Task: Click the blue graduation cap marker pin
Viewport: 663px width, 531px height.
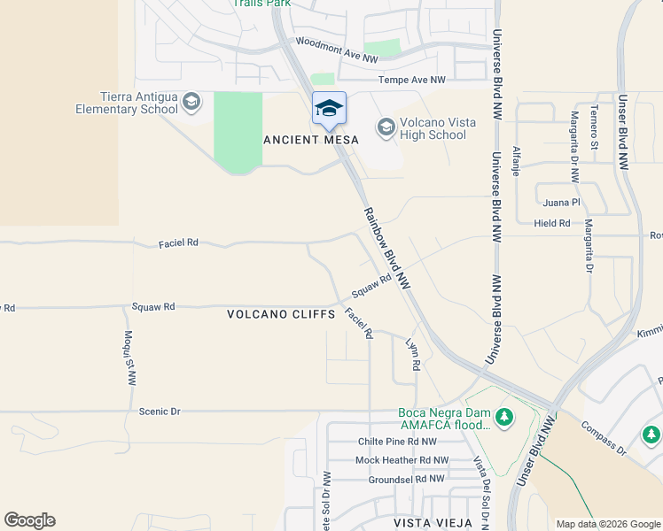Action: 329,109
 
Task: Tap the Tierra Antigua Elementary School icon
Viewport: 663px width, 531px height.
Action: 191,104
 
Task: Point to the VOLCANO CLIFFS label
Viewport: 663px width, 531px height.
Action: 281,314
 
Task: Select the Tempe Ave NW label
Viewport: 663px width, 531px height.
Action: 412,80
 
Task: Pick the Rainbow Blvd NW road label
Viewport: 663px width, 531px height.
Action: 387,249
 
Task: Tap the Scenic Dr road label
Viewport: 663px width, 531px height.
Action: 160,412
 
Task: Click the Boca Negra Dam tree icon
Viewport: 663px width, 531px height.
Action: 504,416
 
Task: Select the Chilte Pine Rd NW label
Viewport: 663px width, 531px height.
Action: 397,442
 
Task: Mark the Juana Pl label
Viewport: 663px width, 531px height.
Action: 563,202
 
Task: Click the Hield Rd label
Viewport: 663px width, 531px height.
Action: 552,223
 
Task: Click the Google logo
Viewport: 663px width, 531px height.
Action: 29,520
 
